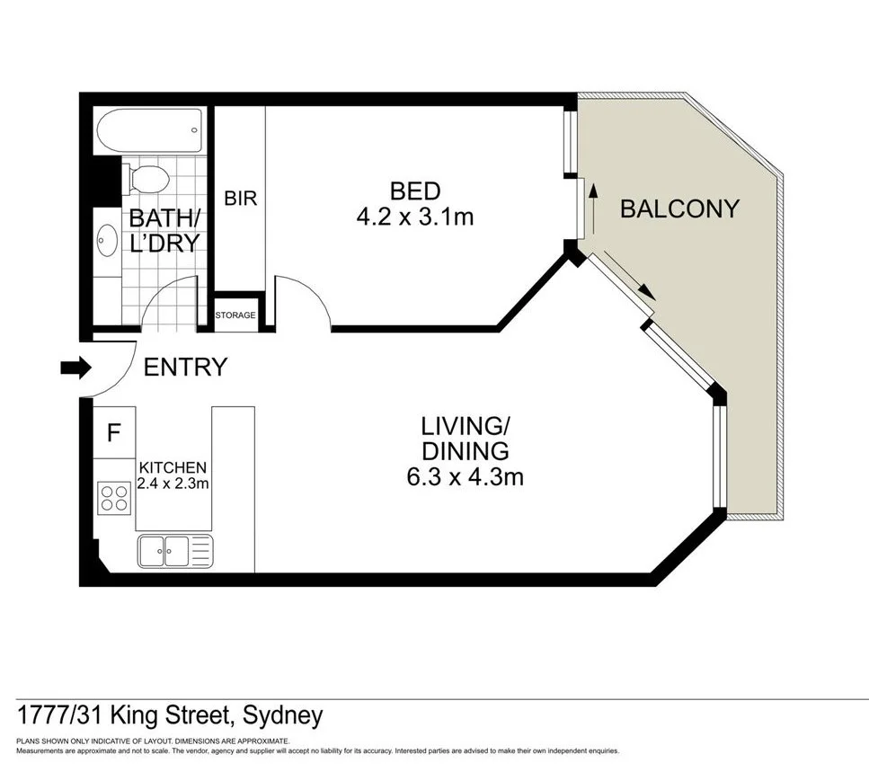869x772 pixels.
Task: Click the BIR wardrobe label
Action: (x=240, y=199)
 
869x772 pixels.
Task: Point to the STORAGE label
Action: (x=235, y=315)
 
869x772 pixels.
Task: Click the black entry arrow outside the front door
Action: (x=75, y=367)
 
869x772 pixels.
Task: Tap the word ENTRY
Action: (x=185, y=367)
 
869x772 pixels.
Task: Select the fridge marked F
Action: (x=113, y=433)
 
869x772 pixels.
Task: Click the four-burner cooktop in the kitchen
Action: (x=114, y=497)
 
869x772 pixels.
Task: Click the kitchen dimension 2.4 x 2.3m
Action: (x=173, y=484)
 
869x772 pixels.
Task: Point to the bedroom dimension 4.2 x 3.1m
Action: (x=414, y=217)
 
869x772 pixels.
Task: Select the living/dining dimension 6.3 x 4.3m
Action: (x=465, y=476)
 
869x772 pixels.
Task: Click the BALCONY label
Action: (x=679, y=209)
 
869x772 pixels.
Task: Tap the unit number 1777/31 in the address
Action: (x=62, y=716)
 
